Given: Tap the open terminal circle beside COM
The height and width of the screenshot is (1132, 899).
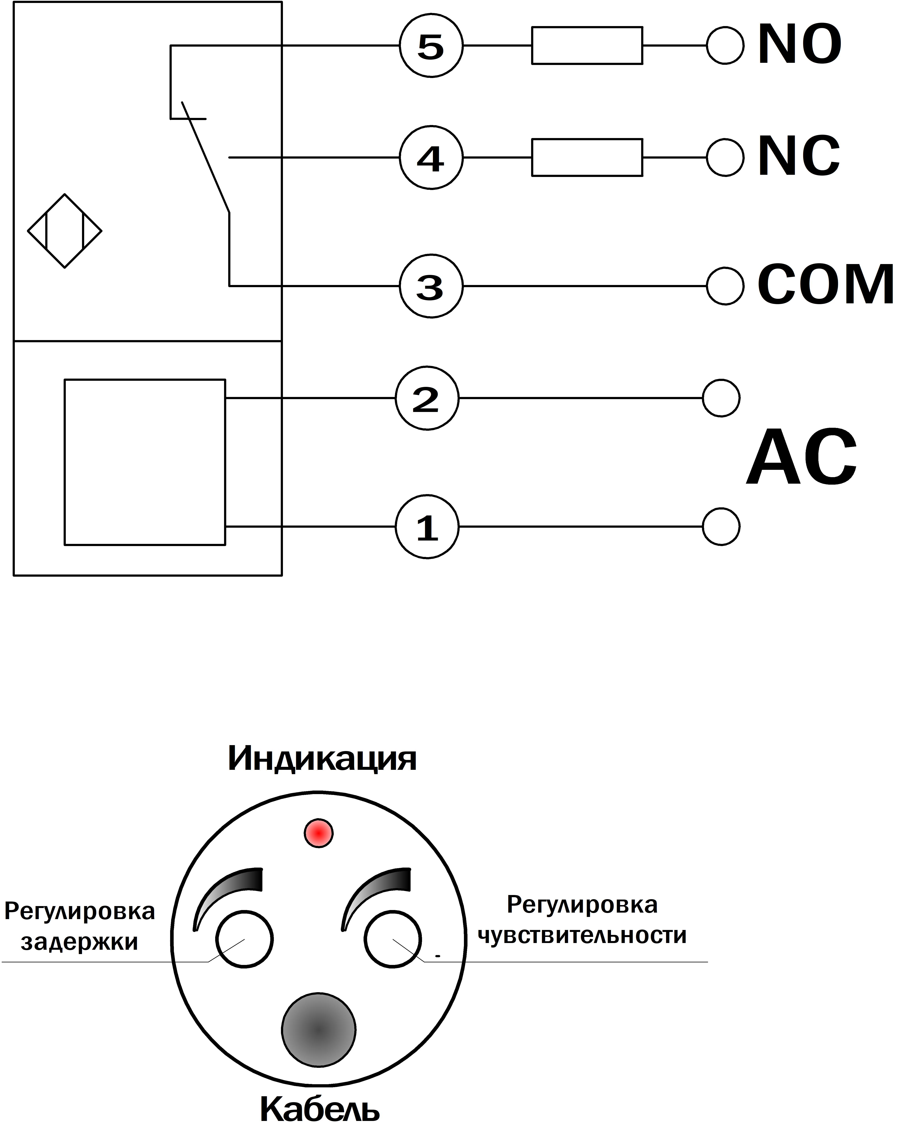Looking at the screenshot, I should point(725,286).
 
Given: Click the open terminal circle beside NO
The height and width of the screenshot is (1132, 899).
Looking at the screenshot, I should point(725,46).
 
